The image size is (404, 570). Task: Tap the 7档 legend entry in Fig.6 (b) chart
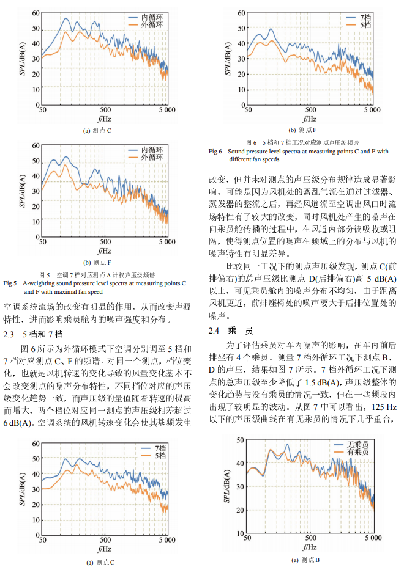[365, 18]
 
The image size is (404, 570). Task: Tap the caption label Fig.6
[215, 151]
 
